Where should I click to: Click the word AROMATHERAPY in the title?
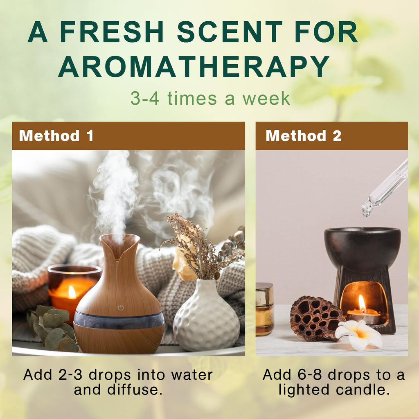pos(194,66)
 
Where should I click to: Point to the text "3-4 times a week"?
pos(210,98)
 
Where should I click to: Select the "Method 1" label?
pos(56,135)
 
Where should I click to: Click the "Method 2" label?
pos(303,135)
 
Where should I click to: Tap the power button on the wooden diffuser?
pos(121,308)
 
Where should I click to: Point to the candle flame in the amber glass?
pos(72,292)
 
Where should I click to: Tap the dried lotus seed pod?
pos(315,318)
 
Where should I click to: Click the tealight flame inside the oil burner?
pos(362,303)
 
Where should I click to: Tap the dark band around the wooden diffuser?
pos(119,320)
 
